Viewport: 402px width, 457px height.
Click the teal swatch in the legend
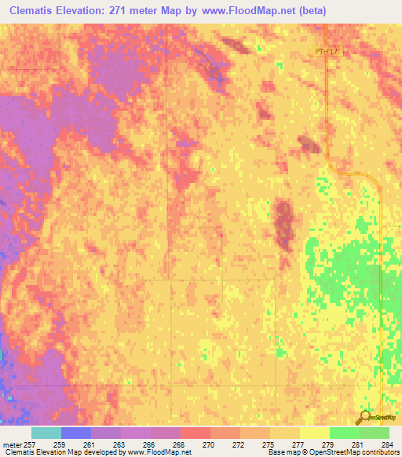(x=46, y=433)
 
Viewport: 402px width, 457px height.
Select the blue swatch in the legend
(x=76, y=433)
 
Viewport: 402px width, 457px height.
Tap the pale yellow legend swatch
(x=314, y=433)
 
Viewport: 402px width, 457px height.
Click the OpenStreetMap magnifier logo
(x=364, y=417)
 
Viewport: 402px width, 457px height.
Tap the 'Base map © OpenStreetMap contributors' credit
(x=332, y=452)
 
